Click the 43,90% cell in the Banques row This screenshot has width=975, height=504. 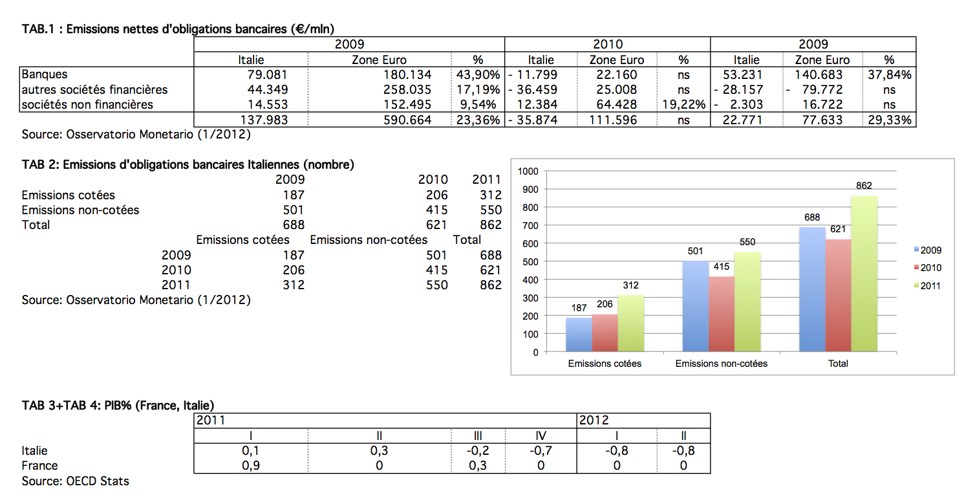pyautogui.click(x=478, y=75)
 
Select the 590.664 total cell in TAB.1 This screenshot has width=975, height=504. pyautogui.click(x=407, y=120)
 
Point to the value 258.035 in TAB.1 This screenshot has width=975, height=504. pyautogui.click(x=407, y=90)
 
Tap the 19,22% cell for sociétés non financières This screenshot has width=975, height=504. pyautogui.click(x=683, y=105)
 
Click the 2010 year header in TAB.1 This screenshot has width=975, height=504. pyautogui.click(x=608, y=45)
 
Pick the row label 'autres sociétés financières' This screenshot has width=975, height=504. pyautogui.click(x=94, y=90)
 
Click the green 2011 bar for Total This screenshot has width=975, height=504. pyautogui.click(x=864, y=274)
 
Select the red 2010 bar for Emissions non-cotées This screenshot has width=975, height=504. pyautogui.click(x=722, y=314)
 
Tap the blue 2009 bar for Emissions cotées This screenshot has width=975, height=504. pyautogui.click(x=579, y=334)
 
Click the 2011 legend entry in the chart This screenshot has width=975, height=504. pyautogui.click(x=928, y=286)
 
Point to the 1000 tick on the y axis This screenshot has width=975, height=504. pyautogui.click(x=528, y=171)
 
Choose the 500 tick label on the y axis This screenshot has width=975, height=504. pyautogui.click(x=530, y=262)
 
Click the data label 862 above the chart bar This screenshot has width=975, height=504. pyautogui.click(x=864, y=186)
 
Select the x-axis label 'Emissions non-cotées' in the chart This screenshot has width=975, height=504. pyautogui.click(x=722, y=364)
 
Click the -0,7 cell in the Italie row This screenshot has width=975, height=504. pyautogui.click(x=541, y=450)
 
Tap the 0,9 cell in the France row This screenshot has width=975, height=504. pyautogui.click(x=251, y=466)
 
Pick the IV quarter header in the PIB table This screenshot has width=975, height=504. pyautogui.click(x=541, y=435)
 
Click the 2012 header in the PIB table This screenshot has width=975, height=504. pyautogui.click(x=594, y=421)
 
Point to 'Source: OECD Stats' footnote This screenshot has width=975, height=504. pyautogui.click(x=75, y=481)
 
